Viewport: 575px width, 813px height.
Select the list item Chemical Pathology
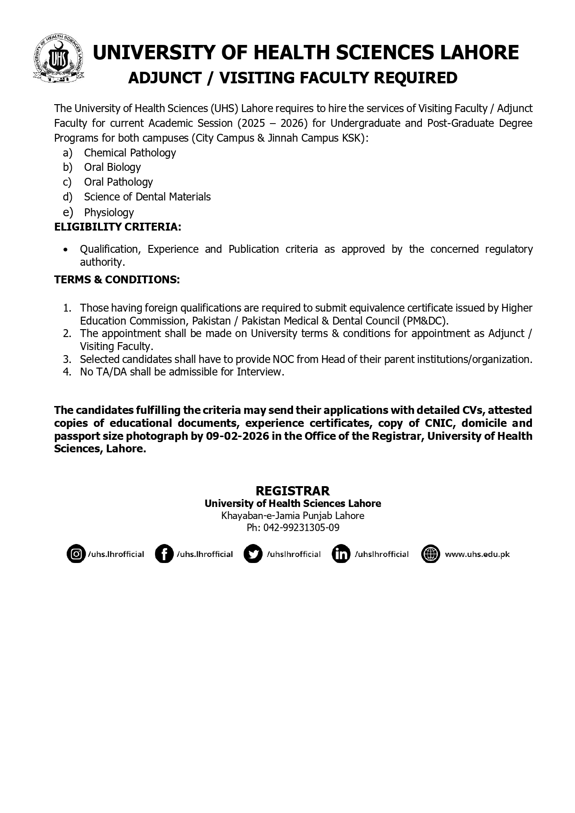tap(130, 153)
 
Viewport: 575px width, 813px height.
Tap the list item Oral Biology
tap(112, 167)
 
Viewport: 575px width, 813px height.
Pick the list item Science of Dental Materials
tap(147, 197)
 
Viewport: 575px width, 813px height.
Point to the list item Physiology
tap(109, 213)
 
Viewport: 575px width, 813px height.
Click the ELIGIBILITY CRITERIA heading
tap(118, 227)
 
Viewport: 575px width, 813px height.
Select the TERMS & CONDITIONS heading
tap(117, 280)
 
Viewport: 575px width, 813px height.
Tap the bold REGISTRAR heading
tap(293, 491)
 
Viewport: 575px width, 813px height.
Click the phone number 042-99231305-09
tap(301, 527)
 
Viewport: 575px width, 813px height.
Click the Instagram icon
tap(76, 554)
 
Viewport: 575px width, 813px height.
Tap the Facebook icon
tap(164, 554)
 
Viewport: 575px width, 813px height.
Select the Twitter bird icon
tap(253, 554)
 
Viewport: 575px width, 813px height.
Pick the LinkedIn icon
tap(341, 554)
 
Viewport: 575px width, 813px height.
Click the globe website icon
tap(431, 554)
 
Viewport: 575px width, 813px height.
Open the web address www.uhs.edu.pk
tap(477, 554)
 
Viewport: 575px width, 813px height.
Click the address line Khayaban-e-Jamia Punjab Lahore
tap(293, 515)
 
